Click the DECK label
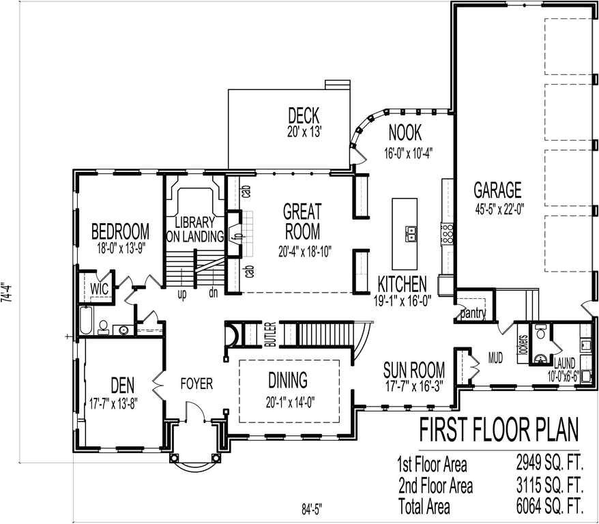304,115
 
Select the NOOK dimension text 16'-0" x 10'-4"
409,152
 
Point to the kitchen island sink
412,235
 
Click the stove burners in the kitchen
448,235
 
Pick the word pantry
472,314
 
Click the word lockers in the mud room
523,345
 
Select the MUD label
496,355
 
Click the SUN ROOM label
414,370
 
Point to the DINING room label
287,380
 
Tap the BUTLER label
270,334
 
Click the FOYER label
196,384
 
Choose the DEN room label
120,386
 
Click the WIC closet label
100,288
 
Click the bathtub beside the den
87,321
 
